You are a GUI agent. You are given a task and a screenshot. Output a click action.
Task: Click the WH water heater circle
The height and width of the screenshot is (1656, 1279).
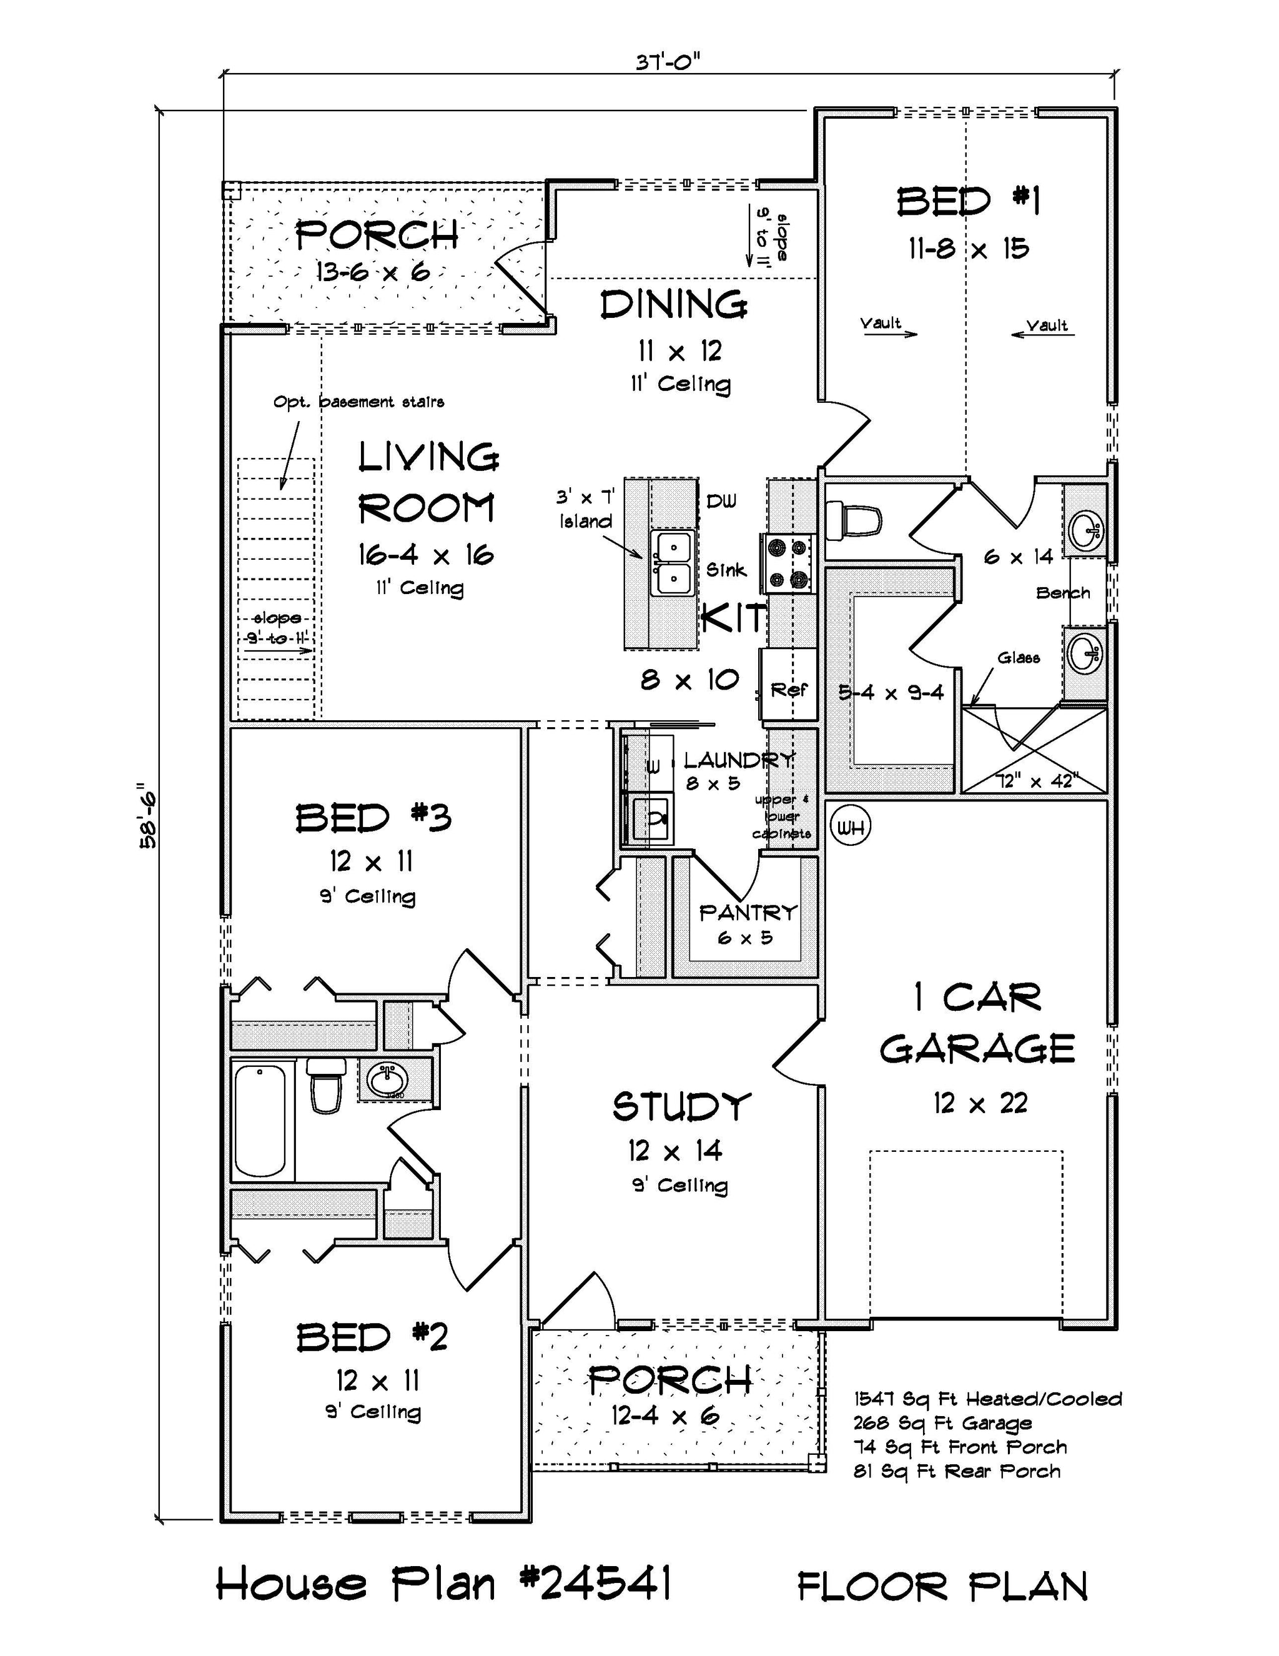pyautogui.click(x=851, y=826)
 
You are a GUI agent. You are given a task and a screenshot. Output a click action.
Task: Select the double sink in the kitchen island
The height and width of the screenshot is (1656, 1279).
pyautogui.click(x=673, y=563)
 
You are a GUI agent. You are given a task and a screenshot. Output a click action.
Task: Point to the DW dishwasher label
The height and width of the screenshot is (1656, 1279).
pyautogui.click(x=721, y=501)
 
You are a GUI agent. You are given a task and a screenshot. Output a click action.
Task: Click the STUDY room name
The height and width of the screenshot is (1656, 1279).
pyautogui.click(x=681, y=1106)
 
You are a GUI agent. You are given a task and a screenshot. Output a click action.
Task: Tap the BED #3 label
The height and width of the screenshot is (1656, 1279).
pyautogui.click(x=373, y=818)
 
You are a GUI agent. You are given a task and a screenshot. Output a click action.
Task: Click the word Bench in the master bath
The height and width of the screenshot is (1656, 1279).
pyautogui.click(x=1063, y=593)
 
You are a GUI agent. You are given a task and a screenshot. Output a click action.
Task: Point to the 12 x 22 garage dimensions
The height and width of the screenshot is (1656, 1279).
pyautogui.click(x=979, y=1103)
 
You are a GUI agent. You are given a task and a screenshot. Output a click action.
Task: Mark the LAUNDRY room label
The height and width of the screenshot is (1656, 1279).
pyautogui.click(x=739, y=759)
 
